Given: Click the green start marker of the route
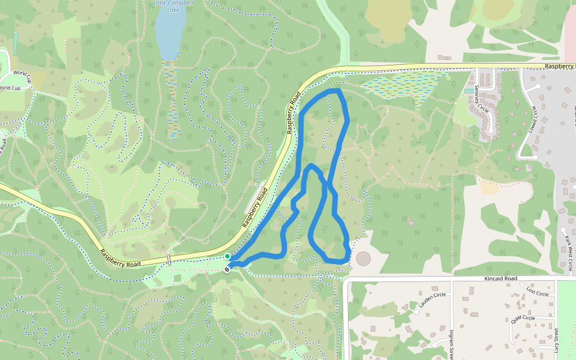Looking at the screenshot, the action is (x=227, y=256).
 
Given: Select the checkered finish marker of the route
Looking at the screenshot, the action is (x=227, y=269).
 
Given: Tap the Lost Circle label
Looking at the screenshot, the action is (x=538, y=293).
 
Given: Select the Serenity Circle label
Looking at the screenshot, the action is (x=481, y=98).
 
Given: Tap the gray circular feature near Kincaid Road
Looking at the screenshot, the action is (x=364, y=259).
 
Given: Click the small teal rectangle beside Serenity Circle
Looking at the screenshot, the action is (x=467, y=91).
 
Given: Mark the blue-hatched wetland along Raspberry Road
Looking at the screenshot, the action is (x=402, y=84).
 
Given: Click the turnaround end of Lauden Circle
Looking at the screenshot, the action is (x=416, y=311).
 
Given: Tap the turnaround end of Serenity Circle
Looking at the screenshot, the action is (x=491, y=130).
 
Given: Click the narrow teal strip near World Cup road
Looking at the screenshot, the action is (x=15, y=43).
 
